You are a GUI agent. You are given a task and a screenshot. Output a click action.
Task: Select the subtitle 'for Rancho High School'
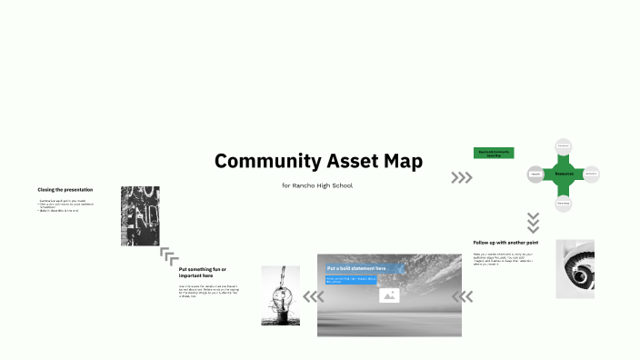click(317, 185)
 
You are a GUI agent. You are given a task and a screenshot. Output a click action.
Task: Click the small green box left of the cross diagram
click(494, 154)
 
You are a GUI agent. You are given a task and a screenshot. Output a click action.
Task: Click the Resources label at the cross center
click(564, 172)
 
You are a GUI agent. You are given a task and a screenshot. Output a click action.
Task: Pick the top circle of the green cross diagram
click(564, 146)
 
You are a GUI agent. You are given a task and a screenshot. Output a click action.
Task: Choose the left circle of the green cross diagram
click(536, 173)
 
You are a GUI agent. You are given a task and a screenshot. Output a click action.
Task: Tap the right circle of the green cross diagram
click(590, 173)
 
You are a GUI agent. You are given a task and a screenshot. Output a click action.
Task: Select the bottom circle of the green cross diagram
click(564, 203)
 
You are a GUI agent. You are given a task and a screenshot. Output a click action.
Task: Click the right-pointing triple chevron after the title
click(462, 178)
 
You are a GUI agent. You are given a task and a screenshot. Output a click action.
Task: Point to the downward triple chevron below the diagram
click(534, 222)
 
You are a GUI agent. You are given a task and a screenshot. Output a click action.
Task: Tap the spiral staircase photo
click(575, 269)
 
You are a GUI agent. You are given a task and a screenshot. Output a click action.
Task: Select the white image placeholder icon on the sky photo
click(389, 295)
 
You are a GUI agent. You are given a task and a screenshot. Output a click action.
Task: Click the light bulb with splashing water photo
click(280, 295)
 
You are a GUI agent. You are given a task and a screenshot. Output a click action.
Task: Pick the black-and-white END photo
click(140, 216)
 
